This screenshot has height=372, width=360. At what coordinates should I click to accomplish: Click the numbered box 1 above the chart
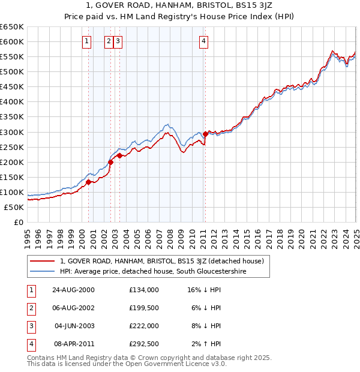87,41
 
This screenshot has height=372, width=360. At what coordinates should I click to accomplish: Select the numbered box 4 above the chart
204,41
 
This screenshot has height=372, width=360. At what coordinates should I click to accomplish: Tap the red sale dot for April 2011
205,134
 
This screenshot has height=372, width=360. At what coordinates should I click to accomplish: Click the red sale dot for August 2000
88,182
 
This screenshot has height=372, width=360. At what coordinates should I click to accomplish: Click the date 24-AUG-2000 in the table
73,290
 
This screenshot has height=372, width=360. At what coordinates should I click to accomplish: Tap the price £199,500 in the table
144,308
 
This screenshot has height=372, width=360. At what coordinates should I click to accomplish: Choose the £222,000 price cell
144,326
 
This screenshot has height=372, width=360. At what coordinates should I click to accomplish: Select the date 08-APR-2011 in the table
73,344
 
